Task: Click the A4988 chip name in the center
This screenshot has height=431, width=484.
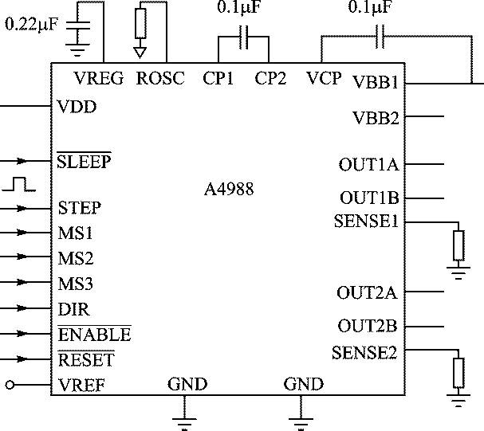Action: coord(229,189)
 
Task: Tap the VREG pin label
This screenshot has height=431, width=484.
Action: coord(99,78)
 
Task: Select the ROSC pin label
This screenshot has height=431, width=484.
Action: coord(160,78)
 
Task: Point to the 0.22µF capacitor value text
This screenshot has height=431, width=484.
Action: coord(31,24)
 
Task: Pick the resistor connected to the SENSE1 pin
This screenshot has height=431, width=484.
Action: coord(458,245)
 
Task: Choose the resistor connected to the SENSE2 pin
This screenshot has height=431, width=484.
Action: coord(458,373)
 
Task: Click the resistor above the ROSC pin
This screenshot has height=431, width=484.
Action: coord(140,23)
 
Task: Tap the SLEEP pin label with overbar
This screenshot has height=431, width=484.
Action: coord(84,161)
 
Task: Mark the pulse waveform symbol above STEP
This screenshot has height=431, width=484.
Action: coord(19,184)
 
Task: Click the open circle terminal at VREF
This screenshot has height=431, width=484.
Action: coord(10,385)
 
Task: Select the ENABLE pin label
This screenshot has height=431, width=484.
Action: coord(94,334)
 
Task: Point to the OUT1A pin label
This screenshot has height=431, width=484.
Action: coord(369,164)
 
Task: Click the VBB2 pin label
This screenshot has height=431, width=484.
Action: coord(376,118)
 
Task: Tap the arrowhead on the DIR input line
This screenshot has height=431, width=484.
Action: coord(22,308)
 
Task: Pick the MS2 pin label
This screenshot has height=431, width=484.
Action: coord(76,258)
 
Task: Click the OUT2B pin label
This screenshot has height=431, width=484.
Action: coord(368,326)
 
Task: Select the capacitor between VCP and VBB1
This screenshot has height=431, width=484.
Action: coord(380,37)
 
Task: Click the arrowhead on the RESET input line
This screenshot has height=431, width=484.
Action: coord(22,359)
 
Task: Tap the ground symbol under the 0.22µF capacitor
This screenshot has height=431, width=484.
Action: coord(77,50)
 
